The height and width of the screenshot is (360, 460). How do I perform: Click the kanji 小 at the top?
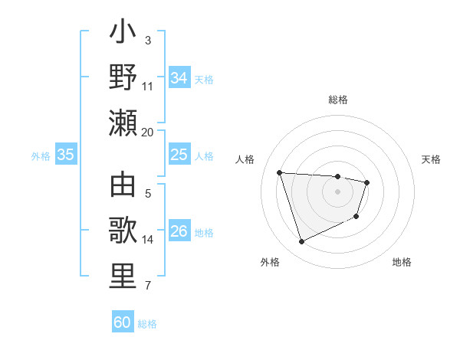click(123, 33)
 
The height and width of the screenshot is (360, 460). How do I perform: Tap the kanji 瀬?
click(123, 123)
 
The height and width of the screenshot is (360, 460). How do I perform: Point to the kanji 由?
click(123, 186)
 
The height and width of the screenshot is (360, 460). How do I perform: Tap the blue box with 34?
click(179, 78)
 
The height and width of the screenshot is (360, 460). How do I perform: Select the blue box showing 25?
click(179, 155)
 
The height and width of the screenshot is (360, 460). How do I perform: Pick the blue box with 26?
click(179, 231)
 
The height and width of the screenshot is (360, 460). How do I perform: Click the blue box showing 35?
click(65, 155)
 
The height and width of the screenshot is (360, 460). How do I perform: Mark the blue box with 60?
click(123, 322)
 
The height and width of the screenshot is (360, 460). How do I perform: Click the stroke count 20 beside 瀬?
click(148, 132)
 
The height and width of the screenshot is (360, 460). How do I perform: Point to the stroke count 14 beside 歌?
click(148, 240)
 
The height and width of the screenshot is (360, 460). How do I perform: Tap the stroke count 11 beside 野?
click(148, 87)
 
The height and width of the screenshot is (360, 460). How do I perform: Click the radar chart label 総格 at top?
click(338, 100)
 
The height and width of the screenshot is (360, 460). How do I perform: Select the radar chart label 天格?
click(432, 159)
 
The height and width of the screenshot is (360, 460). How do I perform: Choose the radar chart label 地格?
click(402, 262)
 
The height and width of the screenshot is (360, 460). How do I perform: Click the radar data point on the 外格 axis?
click(301, 242)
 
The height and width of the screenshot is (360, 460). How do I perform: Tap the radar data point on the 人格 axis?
click(280, 172)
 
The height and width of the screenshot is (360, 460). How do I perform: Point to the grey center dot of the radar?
click(338, 191)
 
